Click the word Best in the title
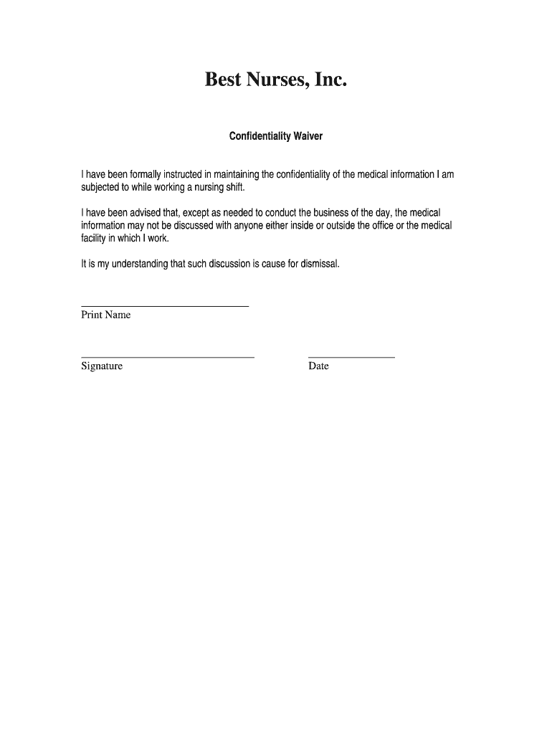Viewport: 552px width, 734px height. (223, 80)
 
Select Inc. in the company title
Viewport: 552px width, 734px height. (331, 80)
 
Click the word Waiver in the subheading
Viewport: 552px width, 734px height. (307, 135)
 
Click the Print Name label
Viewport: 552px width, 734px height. (105, 315)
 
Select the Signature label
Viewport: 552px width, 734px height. (102, 366)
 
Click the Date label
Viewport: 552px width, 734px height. (318, 366)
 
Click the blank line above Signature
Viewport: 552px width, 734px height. (168, 356)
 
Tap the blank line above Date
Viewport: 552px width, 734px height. (351, 356)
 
